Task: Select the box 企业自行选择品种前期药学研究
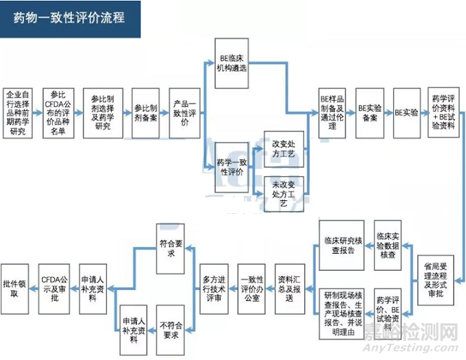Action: (19, 112)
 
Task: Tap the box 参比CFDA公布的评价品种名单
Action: (58, 112)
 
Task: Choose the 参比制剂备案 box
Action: (145, 112)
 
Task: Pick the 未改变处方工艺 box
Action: (284, 194)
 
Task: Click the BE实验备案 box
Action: (369, 112)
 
